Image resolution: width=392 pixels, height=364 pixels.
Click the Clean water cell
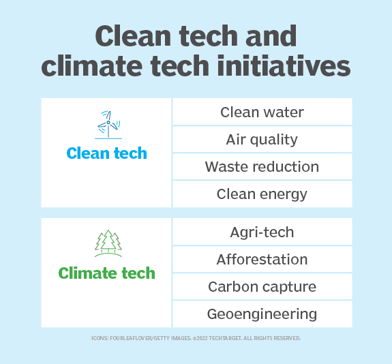(262, 112)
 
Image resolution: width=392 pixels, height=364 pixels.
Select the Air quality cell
(262, 139)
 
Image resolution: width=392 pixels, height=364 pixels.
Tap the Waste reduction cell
(262, 166)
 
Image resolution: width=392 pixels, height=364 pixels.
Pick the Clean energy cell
(262, 194)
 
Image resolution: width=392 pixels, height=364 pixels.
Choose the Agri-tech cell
(262, 232)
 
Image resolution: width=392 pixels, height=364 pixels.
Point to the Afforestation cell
(262, 259)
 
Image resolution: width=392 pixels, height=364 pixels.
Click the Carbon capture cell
(262, 286)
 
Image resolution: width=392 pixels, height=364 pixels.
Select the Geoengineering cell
(262, 314)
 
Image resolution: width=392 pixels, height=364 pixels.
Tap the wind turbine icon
(107, 124)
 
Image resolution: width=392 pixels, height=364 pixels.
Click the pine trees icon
(107, 243)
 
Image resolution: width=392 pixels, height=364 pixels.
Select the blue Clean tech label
(107, 153)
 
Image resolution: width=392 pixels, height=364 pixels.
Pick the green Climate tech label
(107, 273)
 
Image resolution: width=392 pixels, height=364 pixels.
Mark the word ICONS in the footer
(100, 338)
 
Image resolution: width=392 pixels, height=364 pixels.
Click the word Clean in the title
(130, 35)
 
